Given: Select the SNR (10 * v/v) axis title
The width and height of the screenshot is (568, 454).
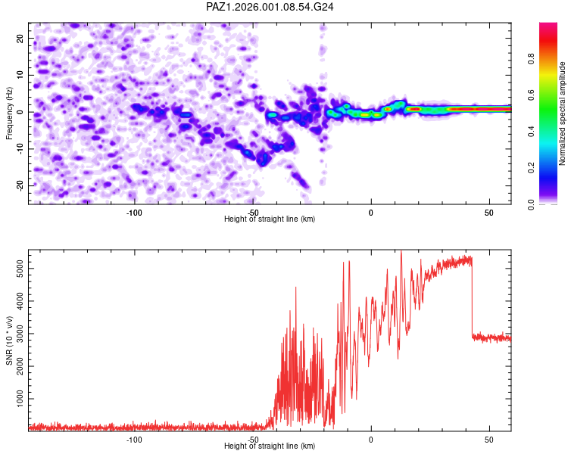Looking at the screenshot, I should (9, 341).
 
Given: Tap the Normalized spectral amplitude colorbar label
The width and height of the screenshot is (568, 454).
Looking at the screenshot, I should (563, 113).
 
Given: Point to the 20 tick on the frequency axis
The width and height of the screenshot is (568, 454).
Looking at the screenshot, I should (21, 38).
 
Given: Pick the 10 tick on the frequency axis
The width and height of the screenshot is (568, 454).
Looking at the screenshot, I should (21, 75).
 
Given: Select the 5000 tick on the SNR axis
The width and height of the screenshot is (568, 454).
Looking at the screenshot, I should (17, 269).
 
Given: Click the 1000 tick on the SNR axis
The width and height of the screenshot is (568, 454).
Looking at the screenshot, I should (17, 398).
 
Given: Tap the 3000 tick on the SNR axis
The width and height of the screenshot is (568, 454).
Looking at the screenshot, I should (17, 334).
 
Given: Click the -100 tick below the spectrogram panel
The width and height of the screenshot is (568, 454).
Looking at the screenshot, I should (134, 213).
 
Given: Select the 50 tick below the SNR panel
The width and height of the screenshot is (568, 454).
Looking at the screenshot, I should (489, 440).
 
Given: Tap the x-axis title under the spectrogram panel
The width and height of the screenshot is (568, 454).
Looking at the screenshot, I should (270, 219).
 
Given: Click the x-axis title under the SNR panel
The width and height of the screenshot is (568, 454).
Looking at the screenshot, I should (270, 446).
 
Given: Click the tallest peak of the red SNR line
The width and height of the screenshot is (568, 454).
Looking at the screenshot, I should (401, 252).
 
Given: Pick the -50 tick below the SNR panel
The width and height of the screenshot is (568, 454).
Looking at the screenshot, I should (253, 440).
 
